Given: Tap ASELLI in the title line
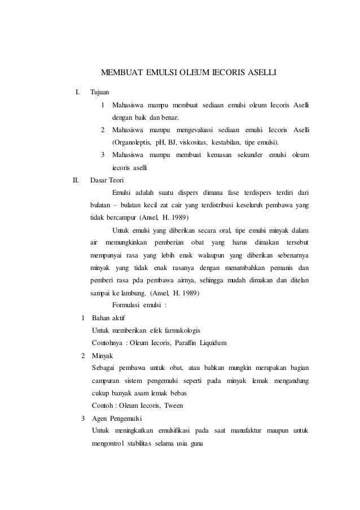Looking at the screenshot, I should coord(259,73).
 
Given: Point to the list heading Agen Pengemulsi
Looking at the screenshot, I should coord(117,419).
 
